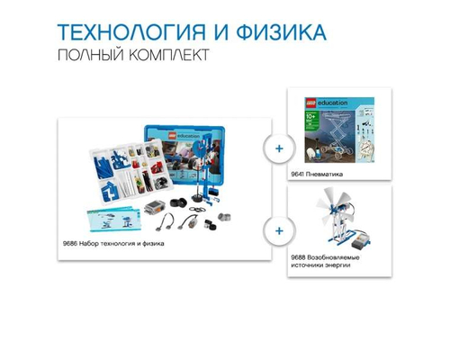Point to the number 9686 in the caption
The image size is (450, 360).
point(71,244)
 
